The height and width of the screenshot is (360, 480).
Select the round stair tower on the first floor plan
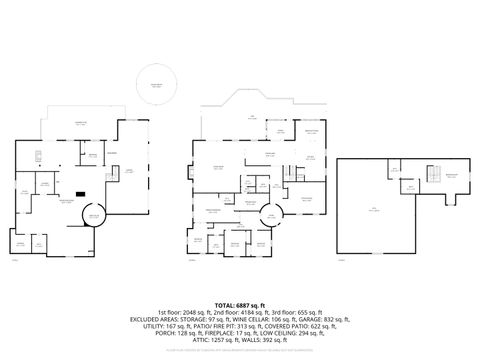coord(94,218)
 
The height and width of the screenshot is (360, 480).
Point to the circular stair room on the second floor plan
coord(270,215)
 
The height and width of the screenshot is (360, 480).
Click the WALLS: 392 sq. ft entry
coord(270,340)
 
